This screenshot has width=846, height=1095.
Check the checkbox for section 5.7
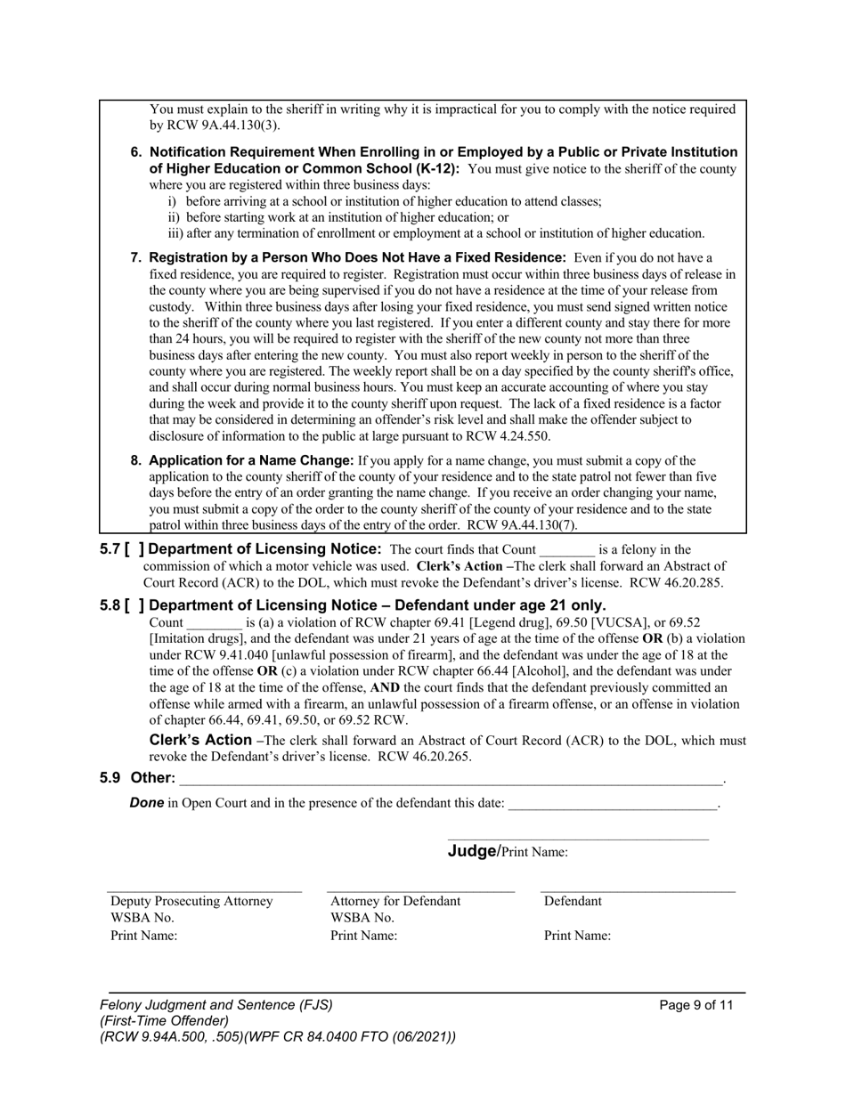(x=134, y=550)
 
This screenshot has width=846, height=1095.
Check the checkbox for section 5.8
(x=134, y=606)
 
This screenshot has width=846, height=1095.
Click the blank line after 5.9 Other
(x=451, y=780)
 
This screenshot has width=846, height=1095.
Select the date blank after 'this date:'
(x=612, y=805)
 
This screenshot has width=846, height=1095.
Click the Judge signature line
(x=578, y=837)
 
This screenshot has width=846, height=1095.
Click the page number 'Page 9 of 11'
(x=696, y=1005)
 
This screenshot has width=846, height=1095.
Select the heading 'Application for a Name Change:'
(x=251, y=461)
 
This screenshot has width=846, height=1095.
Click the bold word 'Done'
(x=146, y=803)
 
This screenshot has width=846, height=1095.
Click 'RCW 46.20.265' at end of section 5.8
(x=425, y=758)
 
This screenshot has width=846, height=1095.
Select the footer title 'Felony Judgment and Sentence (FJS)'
(x=216, y=1005)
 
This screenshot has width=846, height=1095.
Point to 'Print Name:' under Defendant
(x=577, y=936)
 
